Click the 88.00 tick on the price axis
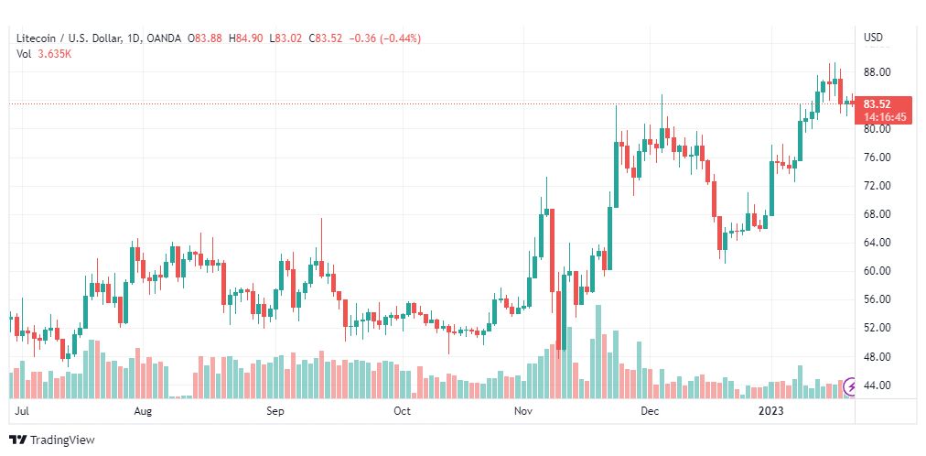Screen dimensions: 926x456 coord(877,72)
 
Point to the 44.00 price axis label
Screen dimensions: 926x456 coord(877,385)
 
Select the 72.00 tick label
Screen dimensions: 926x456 coord(877,186)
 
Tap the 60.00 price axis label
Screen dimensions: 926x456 coord(877,271)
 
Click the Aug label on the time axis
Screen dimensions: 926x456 coord(143,411)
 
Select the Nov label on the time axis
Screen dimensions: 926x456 coord(522,411)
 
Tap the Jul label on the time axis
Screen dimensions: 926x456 coord(22,411)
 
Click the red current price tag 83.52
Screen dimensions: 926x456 coord(877,104)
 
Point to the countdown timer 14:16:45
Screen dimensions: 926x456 coord(884,117)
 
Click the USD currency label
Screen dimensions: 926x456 coord(874,38)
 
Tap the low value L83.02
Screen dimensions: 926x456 coord(285,39)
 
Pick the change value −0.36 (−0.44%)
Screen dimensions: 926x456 coord(385,39)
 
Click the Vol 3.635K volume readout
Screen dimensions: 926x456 coord(44,54)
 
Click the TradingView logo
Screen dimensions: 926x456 coord(52,440)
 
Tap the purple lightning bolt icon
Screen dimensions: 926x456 coord(851,387)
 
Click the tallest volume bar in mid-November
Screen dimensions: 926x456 coord(598,352)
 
